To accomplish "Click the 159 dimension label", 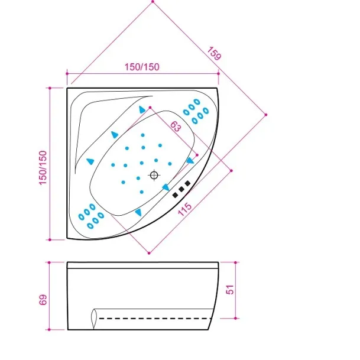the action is click(x=215, y=53).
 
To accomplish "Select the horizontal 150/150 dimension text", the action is click(x=142, y=67).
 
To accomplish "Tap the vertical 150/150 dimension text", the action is click(x=43, y=168).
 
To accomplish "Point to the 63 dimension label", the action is click(x=176, y=127).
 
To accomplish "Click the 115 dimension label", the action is click(x=185, y=209).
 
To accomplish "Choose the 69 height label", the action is click(x=43, y=300).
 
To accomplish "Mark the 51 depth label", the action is click(x=230, y=290).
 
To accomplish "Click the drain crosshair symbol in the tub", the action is click(x=154, y=176).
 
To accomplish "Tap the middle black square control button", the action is click(x=181, y=189).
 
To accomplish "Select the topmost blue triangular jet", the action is click(x=142, y=110).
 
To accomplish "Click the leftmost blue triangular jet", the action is click(x=90, y=161).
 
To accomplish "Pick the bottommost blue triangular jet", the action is click(x=138, y=212).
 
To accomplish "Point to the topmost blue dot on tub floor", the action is click(x=143, y=135).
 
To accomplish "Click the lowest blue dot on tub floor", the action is click(x=142, y=192).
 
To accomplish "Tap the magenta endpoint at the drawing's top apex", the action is click(x=153, y=2).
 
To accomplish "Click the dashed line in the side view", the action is click(x=155, y=319).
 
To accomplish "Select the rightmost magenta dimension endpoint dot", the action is click(x=266, y=115).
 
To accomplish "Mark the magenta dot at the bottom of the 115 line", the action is click(x=149, y=253).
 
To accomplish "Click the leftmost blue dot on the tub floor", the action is click(x=113, y=165).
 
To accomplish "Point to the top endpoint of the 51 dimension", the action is click(x=235, y=262).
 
